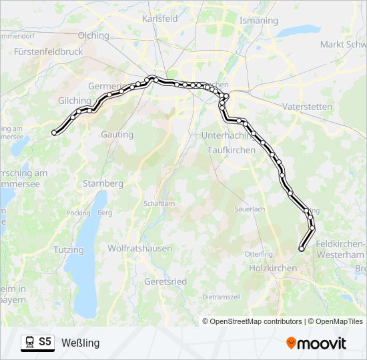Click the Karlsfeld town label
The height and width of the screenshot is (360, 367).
click(x=160, y=19)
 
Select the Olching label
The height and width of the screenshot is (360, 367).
click(x=93, y=35)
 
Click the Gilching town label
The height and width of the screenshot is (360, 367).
click(x=74, y=100)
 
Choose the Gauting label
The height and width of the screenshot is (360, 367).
click(x=117, y=134)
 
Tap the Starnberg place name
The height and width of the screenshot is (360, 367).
click(x=103, y=183)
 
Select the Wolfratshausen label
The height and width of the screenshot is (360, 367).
click(x=140, y=248)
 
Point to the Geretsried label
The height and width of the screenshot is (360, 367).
click(x=165, y=281)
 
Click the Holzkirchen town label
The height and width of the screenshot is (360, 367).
click(x=272, y=267)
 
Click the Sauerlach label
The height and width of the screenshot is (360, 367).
click(x=250, y=209)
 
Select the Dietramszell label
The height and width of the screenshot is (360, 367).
click(x=221, y=296)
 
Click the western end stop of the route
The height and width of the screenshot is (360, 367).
click(x=54, y=133)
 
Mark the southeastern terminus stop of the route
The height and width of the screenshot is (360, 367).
click(x=302, y=249)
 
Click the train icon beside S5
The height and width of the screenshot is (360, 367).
click(x=29, y=342)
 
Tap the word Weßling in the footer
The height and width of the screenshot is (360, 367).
click(x=80, y=343)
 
